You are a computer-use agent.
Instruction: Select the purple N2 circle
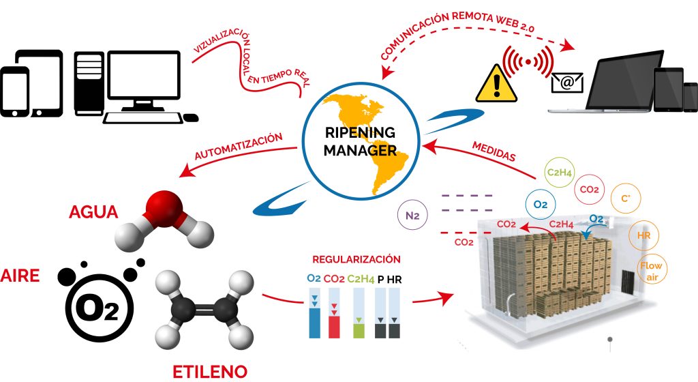pyautogui.click(x=412, y=216)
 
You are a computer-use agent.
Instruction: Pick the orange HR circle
pyautogui.click(x=643, y=235)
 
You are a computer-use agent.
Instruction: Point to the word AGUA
pyautogui.click(x=93, y=212)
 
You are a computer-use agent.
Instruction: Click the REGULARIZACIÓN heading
pyautogui.click(x=356, y=260)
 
